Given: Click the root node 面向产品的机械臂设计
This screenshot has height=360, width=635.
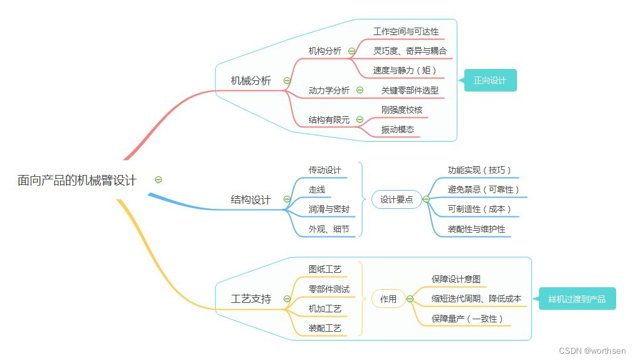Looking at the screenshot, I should [77, 180].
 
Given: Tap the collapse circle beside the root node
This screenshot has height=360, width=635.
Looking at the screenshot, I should [158, 179].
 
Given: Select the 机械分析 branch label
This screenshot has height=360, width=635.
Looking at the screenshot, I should [251, 80].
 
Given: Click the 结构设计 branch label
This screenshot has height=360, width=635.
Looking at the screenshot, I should [251, 199].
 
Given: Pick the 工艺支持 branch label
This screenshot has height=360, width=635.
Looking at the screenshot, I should [251, 299].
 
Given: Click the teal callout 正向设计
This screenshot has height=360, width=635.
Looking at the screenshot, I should [490, 80].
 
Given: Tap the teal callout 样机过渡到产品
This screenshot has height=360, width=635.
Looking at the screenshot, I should [577, 299].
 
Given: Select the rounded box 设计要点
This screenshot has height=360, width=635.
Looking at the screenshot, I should [397, 199].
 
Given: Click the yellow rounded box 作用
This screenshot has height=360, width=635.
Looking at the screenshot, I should [388, 299].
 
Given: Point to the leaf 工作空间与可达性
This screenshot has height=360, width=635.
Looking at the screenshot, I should [406, 31].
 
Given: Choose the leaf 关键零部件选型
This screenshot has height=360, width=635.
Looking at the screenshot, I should [410, 90].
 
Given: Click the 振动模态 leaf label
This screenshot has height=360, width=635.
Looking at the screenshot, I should [398, 129].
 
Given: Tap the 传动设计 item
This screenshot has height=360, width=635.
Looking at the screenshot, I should [325, 170].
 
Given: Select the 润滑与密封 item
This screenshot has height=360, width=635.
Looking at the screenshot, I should [329, 209].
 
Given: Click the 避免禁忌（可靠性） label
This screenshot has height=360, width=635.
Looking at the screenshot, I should [483, 189].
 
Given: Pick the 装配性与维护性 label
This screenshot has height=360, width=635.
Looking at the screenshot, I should [476, 229].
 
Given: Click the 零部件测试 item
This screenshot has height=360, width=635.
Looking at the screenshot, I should [329, 289].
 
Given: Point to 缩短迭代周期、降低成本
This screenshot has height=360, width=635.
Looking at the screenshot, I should [476, 299].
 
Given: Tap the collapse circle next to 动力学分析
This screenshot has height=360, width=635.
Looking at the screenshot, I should [360, 90].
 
